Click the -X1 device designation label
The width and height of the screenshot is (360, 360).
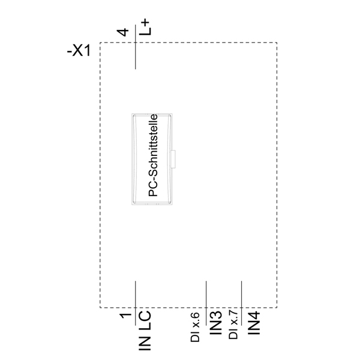coord(79,51)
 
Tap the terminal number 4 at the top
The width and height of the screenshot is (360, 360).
coord(123,32)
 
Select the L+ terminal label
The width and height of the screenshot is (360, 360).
coord(145,28)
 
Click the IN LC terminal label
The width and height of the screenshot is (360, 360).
coord(145,331)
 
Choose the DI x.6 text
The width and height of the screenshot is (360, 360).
coord(195,327)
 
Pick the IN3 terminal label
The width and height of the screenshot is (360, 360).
coord(216,323)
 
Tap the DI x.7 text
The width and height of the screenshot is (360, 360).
coord(233,324)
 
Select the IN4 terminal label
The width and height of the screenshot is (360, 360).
coord(254,323)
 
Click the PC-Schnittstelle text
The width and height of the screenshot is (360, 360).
coord(153,155)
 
